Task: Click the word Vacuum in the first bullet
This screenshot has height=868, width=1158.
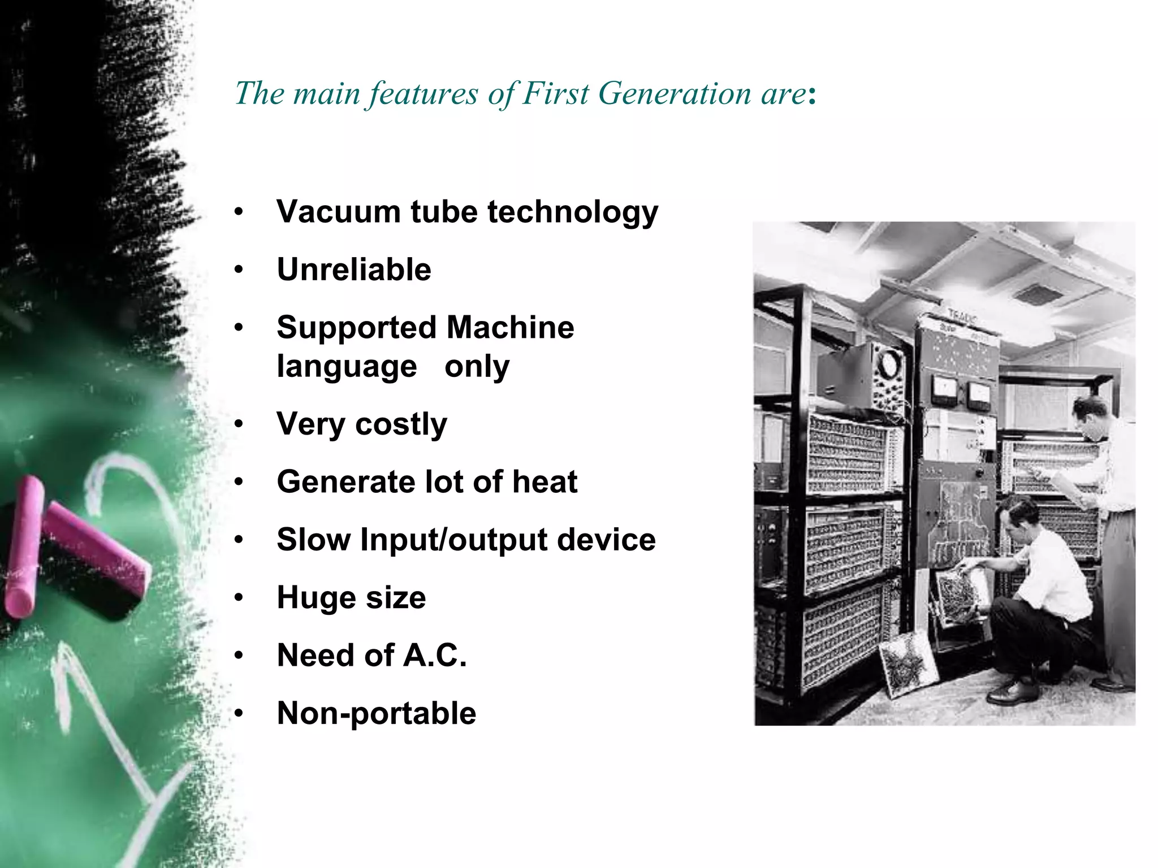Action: tap(338, 212)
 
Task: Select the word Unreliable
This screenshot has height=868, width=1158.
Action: tap(354, 270)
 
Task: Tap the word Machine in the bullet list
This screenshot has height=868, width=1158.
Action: tap(510, 328)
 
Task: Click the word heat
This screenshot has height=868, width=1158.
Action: tap(545, 482)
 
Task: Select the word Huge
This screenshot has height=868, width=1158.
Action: tap(316, 598)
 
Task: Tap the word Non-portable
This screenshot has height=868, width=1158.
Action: tap(377, 713)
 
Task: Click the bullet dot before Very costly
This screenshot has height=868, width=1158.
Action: tap(239, 424)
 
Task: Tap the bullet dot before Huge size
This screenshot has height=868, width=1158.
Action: tap(239, 597)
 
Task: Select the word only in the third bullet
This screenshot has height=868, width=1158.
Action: tap(477, 367)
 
